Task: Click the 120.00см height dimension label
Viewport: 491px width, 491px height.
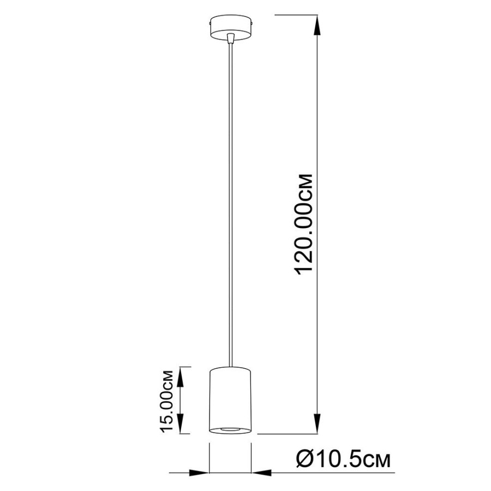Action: [304, 224]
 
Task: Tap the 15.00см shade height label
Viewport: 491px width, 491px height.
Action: [166, 402]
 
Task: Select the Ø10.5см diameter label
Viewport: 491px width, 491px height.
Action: [343, 460]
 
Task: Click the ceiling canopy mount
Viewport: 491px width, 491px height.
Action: [231, 28]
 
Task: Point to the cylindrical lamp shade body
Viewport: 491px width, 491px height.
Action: [230, 400]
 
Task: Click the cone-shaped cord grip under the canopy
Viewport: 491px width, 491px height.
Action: [231, 38]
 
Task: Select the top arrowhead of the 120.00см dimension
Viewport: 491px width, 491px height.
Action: [318, 25]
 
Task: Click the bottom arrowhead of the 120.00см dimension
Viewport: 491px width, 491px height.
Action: [318, 424]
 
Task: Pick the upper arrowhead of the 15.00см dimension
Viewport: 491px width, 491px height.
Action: [181, 376]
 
